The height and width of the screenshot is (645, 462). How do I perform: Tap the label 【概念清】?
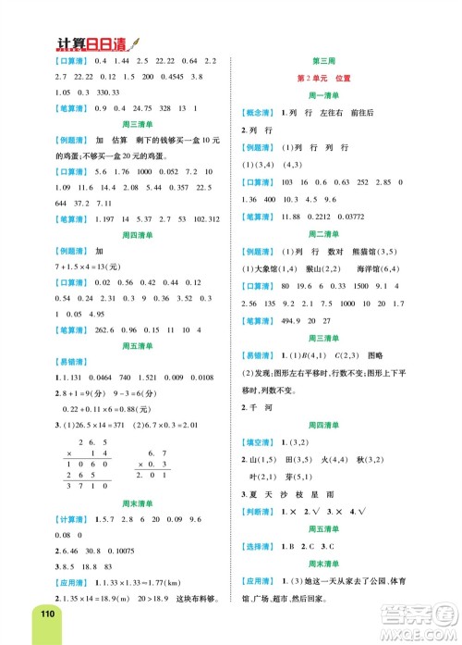[x=259, y=110]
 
